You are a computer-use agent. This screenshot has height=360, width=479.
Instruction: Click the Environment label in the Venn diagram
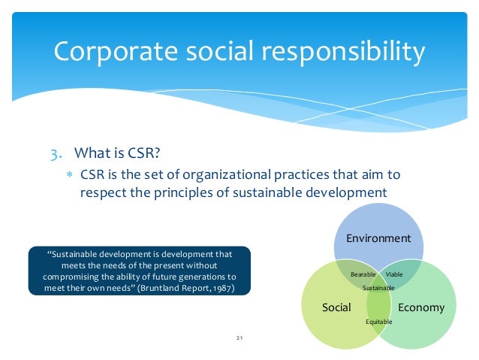(x=378, y=238)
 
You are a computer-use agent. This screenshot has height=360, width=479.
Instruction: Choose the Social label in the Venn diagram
(x=336, y=307)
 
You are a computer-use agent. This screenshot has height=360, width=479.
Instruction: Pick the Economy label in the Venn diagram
(x=421, y=307)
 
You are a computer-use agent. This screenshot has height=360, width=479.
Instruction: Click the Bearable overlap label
(x=363, y=275)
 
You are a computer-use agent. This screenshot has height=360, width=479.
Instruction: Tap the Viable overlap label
(x=394, y=275)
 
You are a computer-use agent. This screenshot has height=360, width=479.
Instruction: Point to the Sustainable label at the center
(x=378, y=288)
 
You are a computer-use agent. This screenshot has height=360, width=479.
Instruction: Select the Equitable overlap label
(x=378, y=322)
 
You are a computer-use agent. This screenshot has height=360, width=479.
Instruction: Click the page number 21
(x=239, y=340)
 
